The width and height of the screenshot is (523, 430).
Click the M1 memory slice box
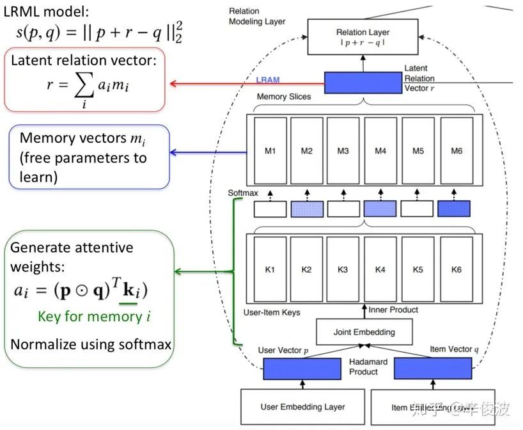pos(270,151)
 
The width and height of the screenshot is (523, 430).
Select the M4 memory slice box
pos(380,151)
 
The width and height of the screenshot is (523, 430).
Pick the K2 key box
pos(307,269)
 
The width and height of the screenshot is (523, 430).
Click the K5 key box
pos(418,269)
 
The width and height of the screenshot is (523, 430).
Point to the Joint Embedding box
pos(364,332)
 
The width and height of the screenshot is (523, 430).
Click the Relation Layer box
pos(363,36)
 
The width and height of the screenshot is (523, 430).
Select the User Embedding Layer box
pos(302,406)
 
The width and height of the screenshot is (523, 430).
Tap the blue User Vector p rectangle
pos(302,369)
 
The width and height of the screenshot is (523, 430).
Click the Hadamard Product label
pos(364,367)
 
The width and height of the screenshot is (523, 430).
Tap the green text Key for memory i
pos(94,316)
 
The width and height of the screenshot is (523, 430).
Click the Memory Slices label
pos(283,97)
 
